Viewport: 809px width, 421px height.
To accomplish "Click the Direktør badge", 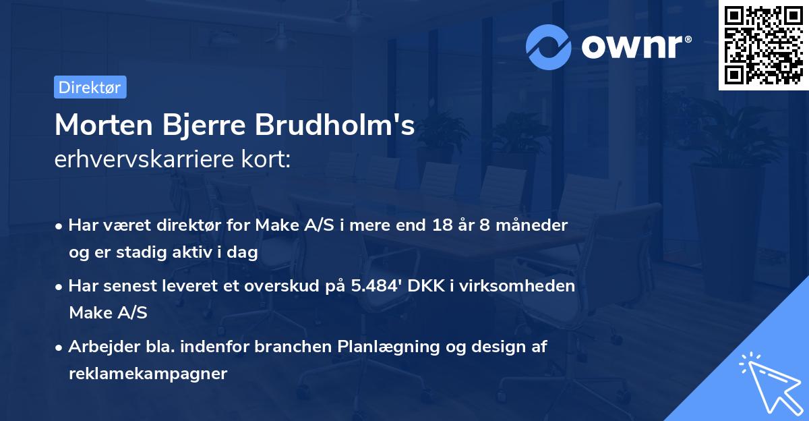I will (90, 87).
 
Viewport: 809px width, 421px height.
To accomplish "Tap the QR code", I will (763, 45).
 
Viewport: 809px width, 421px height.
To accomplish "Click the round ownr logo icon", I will (549, 47).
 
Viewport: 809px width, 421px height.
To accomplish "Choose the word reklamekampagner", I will (148, 374).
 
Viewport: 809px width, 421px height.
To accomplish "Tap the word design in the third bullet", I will (493, 347).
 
